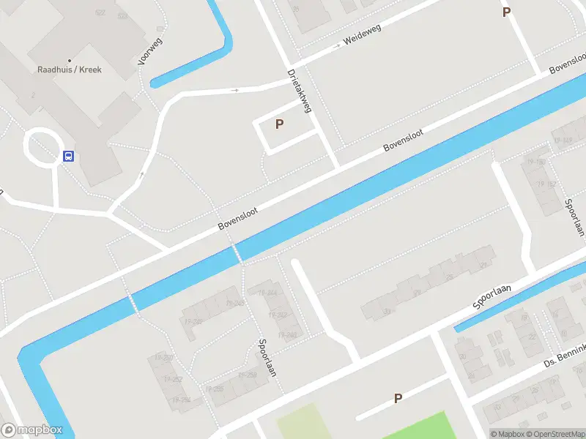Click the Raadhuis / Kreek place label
point(70,70)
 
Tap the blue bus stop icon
point(68,156)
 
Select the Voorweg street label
point(150,51)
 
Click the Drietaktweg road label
point(300,91)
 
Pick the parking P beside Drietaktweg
point(279,124)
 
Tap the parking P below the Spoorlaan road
point(398,399)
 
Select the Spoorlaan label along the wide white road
point(492,298)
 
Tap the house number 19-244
point(267,293)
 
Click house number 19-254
point(181,400)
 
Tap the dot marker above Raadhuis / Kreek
point(70,60)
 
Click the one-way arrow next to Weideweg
point(336,45)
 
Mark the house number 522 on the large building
point(100,13)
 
